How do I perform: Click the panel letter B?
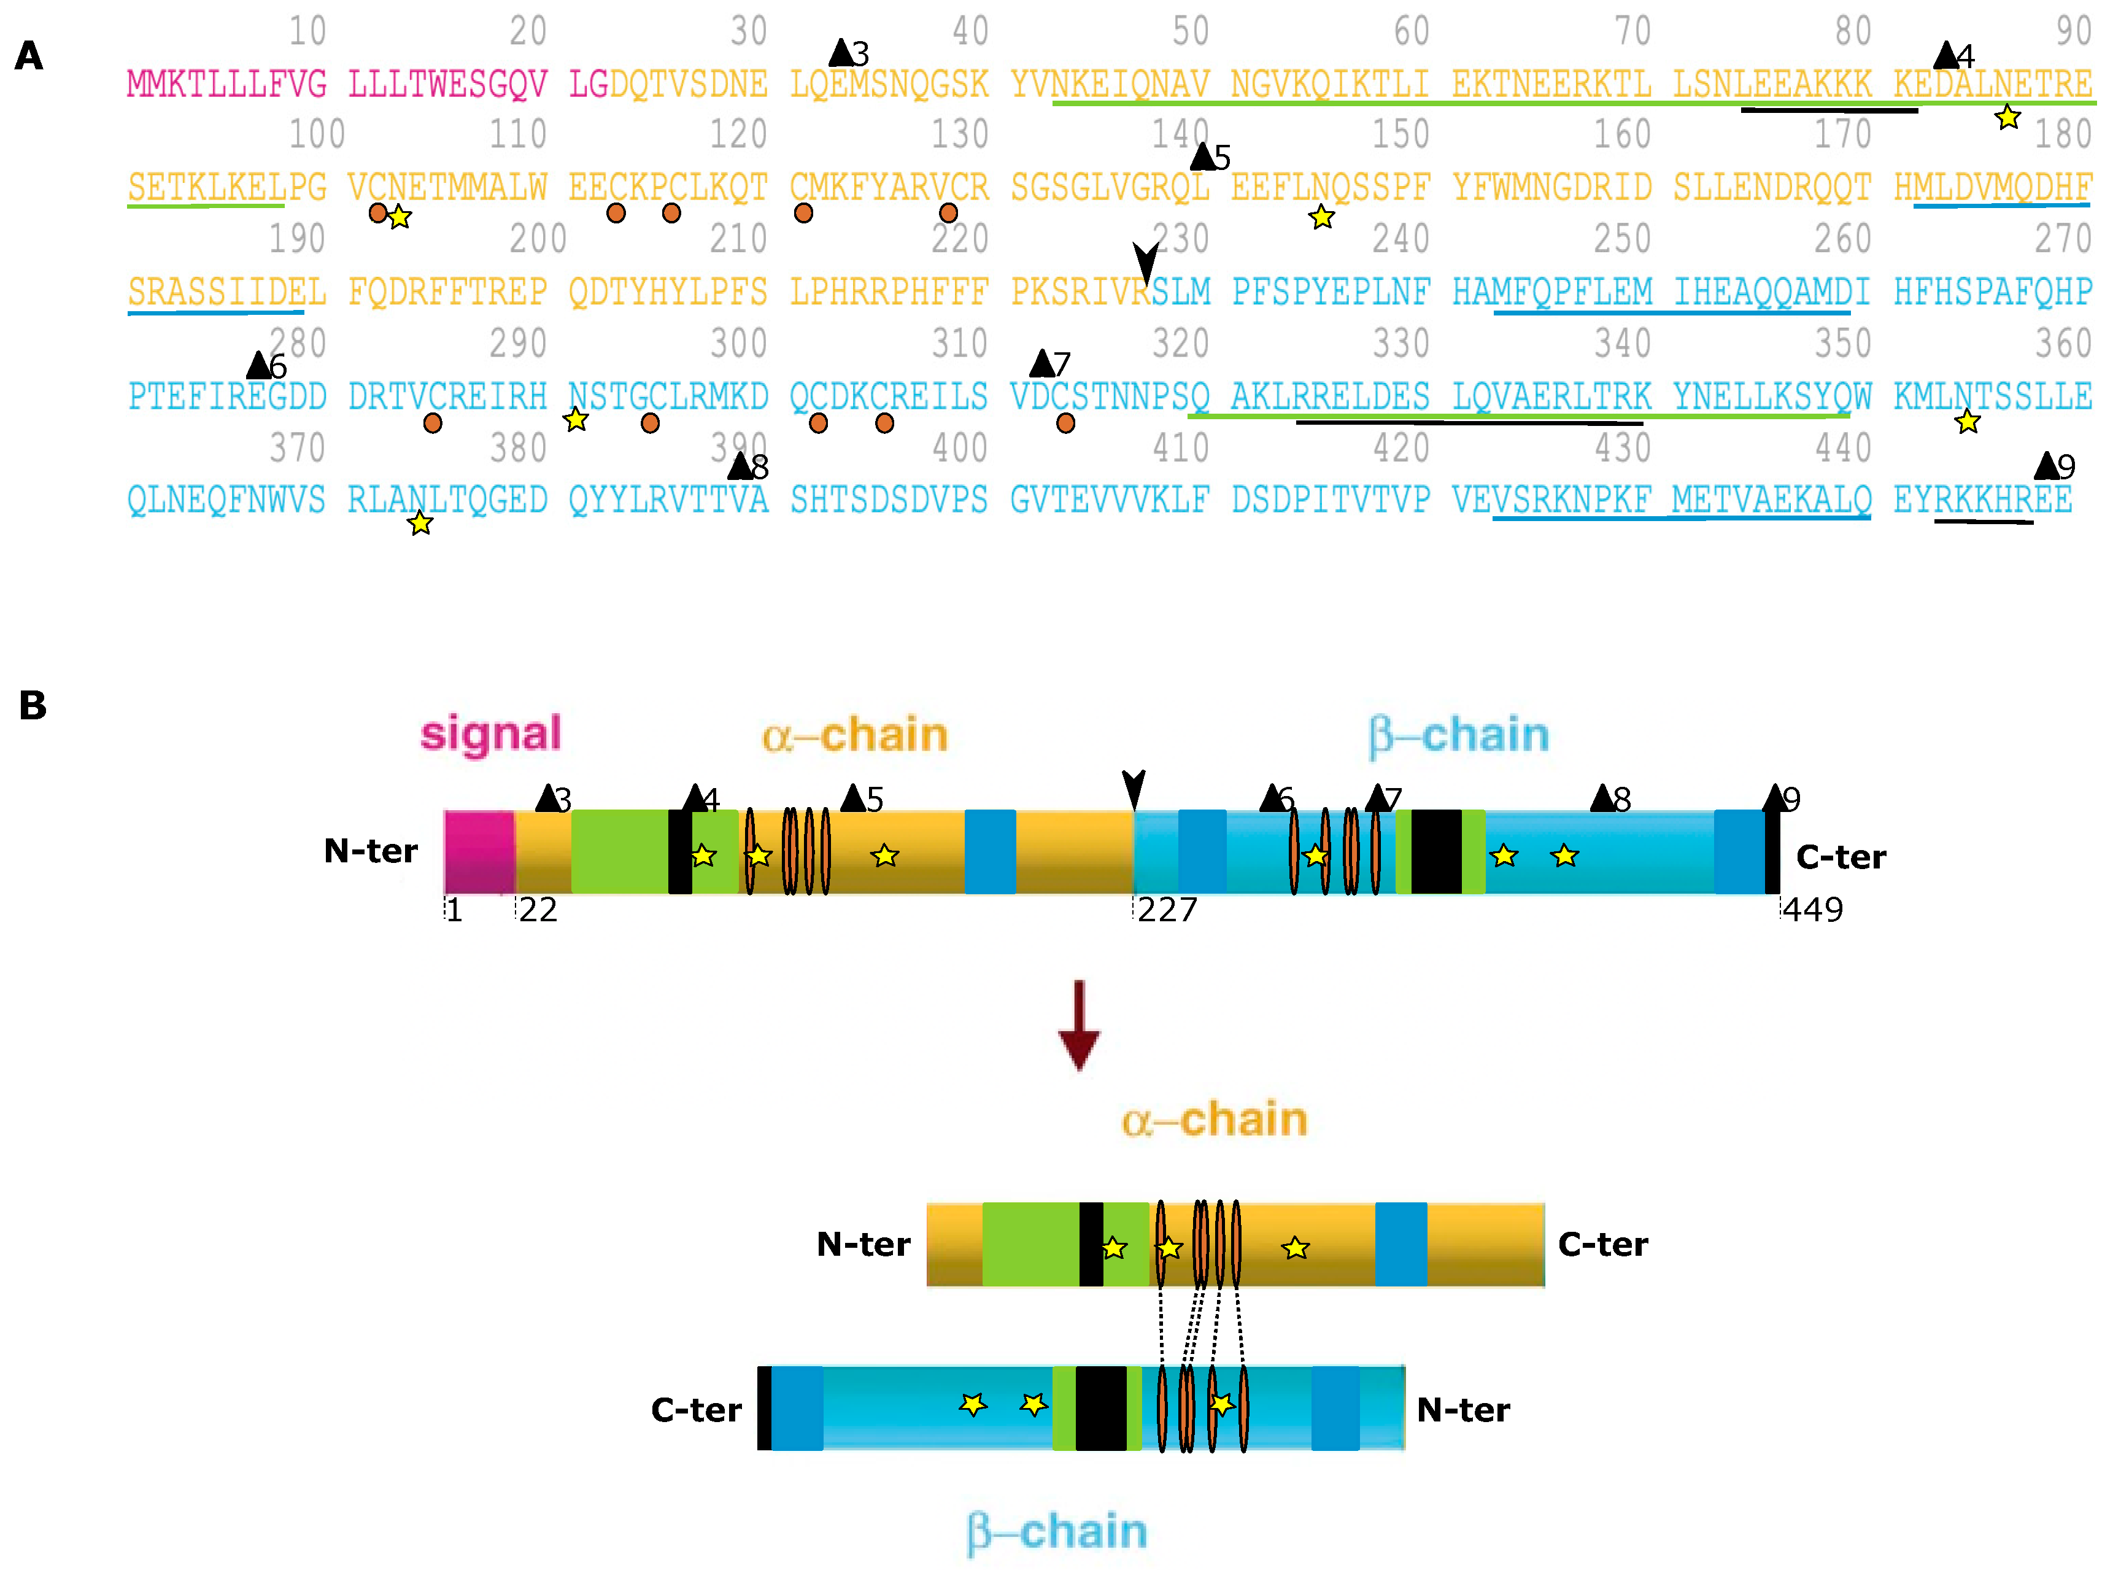33,705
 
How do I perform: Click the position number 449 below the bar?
1812,910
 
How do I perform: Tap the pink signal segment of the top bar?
479,851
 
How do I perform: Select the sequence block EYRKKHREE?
1982,500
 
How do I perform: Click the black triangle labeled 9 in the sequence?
2046,466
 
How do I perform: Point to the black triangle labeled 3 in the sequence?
841,53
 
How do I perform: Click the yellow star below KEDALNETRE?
2007,118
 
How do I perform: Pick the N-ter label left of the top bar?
371,851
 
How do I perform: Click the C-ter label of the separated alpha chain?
1603,1244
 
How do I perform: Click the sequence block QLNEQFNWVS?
226,500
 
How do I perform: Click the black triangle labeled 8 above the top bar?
1603,799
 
